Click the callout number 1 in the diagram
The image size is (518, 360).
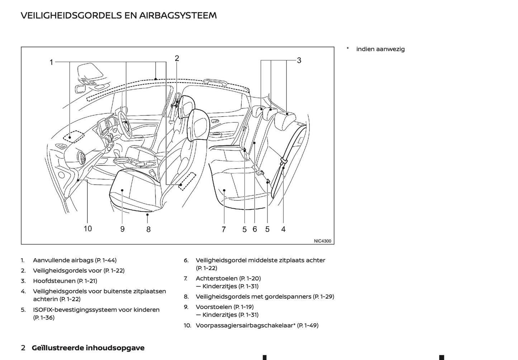(x=51, y=62)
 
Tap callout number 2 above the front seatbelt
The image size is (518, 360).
(x=177, y=58)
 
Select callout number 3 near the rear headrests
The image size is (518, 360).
(x=299, y=60)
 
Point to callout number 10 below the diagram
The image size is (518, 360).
(x=88, y=229)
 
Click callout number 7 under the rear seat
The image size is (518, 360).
(x=224, y=229)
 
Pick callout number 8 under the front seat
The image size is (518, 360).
(x=148, y=229)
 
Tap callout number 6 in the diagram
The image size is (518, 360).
(x=255, y=229)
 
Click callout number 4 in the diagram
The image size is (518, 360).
(x=283, y=229)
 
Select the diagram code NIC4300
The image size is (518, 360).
(x=323, y=241)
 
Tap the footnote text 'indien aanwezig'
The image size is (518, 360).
(x=380, y=49)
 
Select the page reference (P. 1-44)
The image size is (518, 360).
(x=106, y=260)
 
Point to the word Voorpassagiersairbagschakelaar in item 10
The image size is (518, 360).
(x=244, y=326)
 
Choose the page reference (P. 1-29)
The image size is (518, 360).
(x=323, y=297)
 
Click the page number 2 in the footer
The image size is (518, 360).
(x=23, y=348)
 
